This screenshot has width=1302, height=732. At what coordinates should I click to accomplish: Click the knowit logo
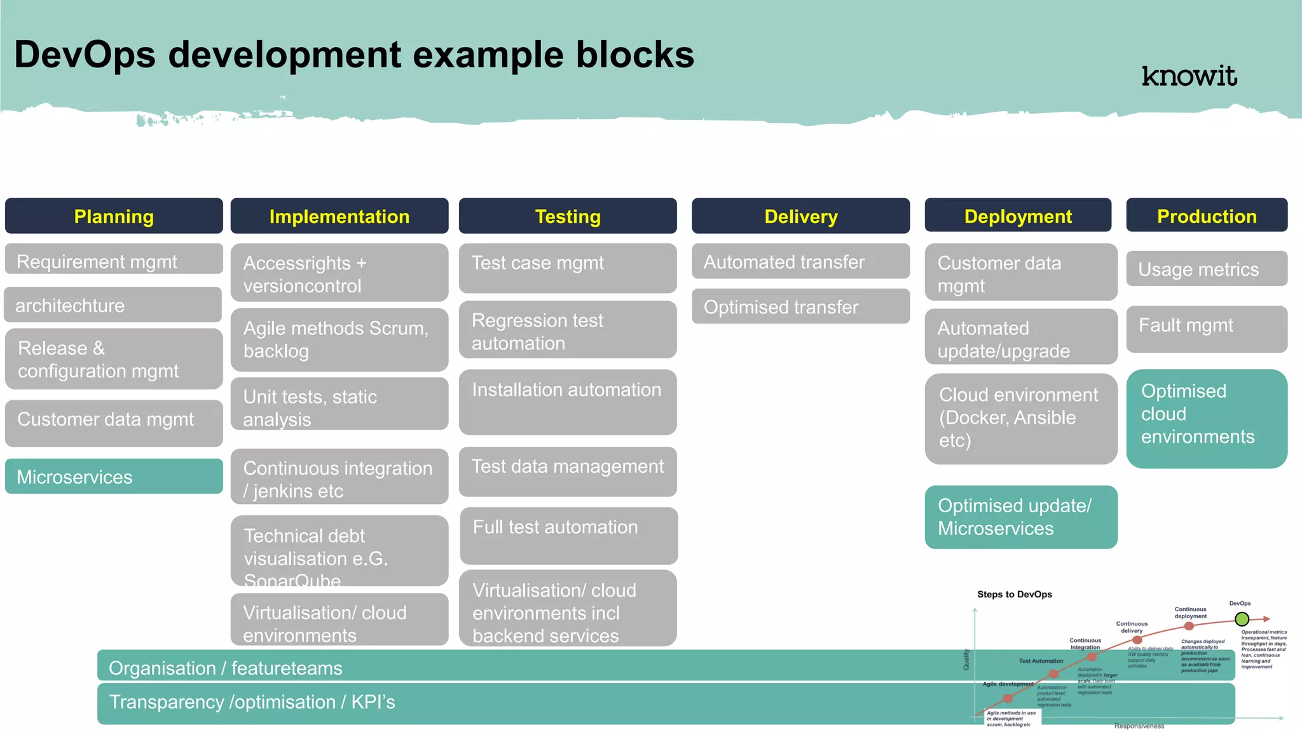pyautogui.click(x=1189, y=76)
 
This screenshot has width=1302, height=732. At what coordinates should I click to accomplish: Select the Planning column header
pyautogui.click(x=114, y=217)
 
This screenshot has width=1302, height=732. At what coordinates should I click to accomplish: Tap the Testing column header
pyautogui.click(x=568, y=217)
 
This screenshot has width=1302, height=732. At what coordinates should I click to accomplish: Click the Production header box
pyautogui.click(x=1207, y=216)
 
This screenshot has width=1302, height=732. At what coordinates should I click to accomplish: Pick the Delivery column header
pyautogui.click(x=800, y=217)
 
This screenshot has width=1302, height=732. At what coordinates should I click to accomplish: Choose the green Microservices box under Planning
pyautogui.click(x=114, y=477)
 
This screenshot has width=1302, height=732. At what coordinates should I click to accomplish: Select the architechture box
pyautogui.click(x=113, y=305)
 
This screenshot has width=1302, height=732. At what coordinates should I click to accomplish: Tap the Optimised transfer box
pyautogui.click(x=800, y=307)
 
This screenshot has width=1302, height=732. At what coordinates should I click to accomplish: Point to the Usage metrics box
pyautogui.click(x=1207, y=269)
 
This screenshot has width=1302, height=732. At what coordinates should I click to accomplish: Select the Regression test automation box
pyautogui.click(x=568, y=331)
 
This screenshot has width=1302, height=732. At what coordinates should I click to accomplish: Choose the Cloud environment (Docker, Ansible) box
pyautogui.click(x=1020, y=418)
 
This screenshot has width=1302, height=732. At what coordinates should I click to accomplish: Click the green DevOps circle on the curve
pyautogui.click(x=1242, y=619)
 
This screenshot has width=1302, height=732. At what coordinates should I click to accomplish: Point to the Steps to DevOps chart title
pyautogui.click(x=1014, y=595)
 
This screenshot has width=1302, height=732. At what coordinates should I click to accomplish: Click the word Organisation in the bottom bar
pyautogui.click(x=162, y=668)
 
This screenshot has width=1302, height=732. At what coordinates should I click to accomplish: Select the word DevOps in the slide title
pyautogui.click(x=85, y=55)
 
